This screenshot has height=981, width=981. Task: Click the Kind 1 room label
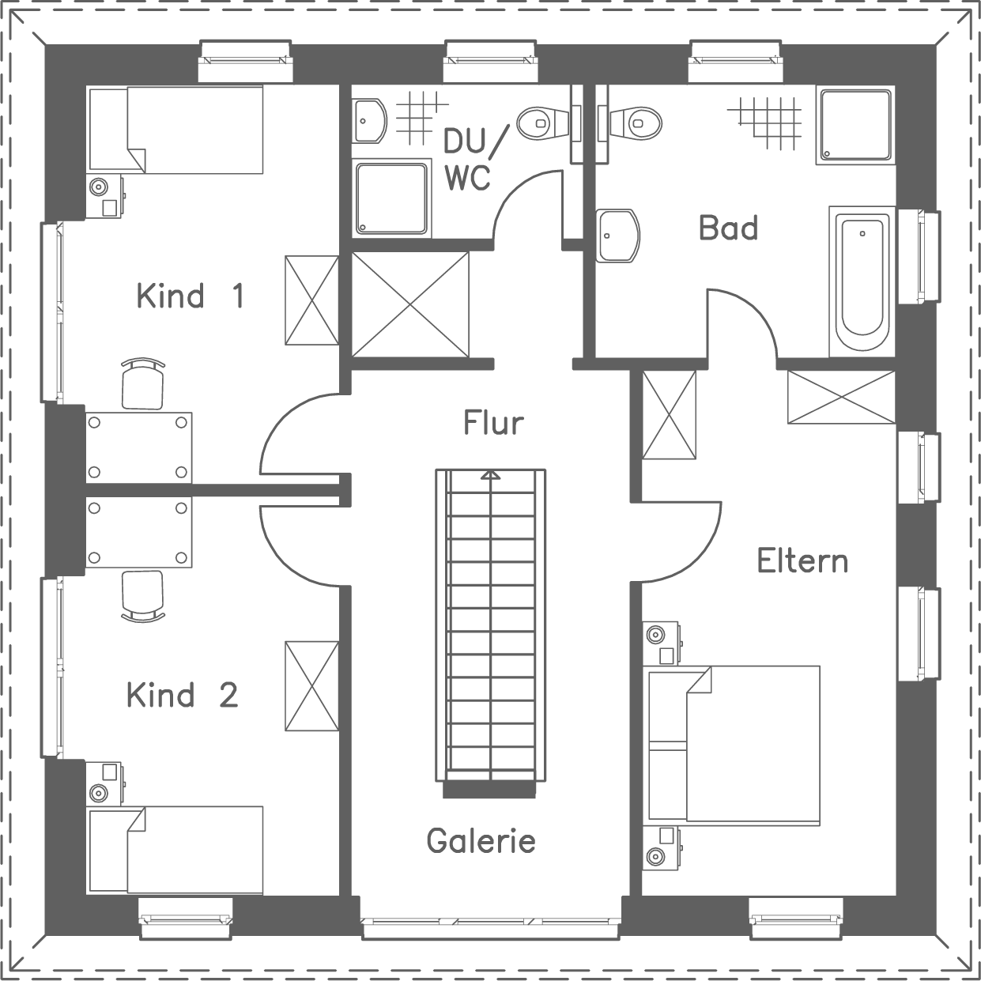pos(190,296)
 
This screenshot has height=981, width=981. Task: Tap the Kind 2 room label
pos(182,696)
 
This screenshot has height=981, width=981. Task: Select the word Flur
pos(493,423)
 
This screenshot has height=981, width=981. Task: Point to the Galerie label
pos(481,840)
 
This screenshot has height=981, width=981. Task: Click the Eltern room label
pos(802,560)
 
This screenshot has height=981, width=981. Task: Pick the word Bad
pos(728,228)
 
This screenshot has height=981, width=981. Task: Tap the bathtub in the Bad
pos(862,281)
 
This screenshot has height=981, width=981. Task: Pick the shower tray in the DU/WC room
pos(392,198)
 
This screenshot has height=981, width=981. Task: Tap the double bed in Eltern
pos(733,744)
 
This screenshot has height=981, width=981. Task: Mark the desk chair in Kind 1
pos(143,384)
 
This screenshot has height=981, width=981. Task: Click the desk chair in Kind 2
pos(143,595)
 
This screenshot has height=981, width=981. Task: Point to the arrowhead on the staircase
pos(491,474)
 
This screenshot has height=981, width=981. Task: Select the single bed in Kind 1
pos(175,130)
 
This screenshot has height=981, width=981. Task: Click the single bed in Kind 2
pos(175,850)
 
